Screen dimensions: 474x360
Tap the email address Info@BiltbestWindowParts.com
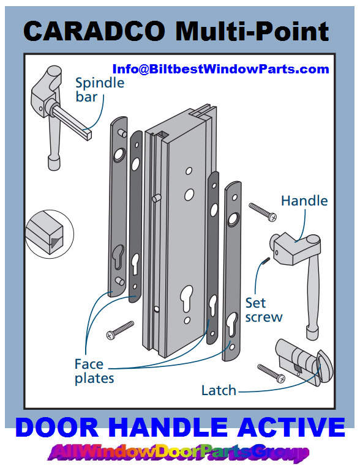point(220,69)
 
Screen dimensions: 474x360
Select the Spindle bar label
point(99,89)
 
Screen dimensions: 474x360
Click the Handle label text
point(304,201)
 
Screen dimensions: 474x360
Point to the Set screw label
point(264,309)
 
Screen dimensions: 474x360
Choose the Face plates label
point(94,371)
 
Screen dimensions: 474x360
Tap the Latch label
point(219,390)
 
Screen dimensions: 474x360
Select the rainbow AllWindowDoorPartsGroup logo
point(179,453)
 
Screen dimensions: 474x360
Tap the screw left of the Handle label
point(263,212)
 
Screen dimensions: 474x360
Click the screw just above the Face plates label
point(120,329)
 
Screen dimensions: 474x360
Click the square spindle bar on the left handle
point(73,119)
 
